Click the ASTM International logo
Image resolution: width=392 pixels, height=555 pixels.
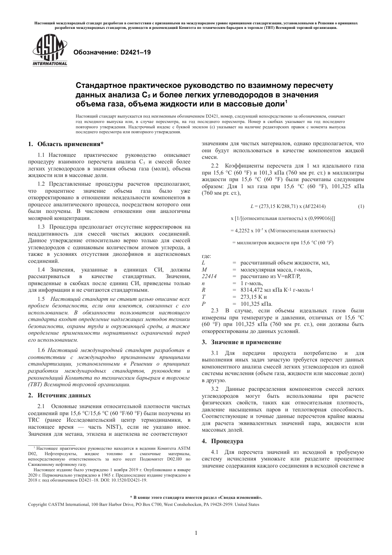(49, 51)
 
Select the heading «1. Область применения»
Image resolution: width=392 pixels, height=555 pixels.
(66, 144)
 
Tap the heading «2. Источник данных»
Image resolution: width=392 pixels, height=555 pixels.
(59, 395)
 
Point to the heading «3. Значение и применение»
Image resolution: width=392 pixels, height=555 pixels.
(241, 342)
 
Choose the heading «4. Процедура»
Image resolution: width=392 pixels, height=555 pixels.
(222, 441)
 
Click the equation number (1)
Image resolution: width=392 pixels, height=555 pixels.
(361, 206)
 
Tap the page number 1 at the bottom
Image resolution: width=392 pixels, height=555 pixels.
(196, 533)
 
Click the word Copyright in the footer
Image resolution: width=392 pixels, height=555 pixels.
(37, 504)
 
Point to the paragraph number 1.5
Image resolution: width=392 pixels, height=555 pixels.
(41, 299)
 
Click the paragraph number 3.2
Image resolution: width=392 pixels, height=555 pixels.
(215, 389)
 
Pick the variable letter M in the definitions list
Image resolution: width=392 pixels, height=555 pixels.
(204, 269)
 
